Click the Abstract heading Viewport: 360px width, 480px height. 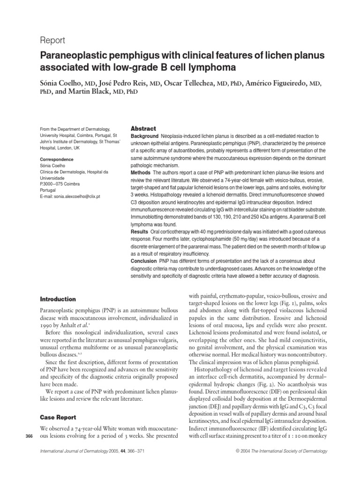pyautogui.click(x=143, y=128)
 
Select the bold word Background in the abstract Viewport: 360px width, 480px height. pyautogui.click(x=146, y=135)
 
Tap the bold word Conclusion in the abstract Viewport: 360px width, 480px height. pyautogui.click(x=144, y=261)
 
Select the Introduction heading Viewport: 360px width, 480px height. pyautogui.click(x=58, y=299)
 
